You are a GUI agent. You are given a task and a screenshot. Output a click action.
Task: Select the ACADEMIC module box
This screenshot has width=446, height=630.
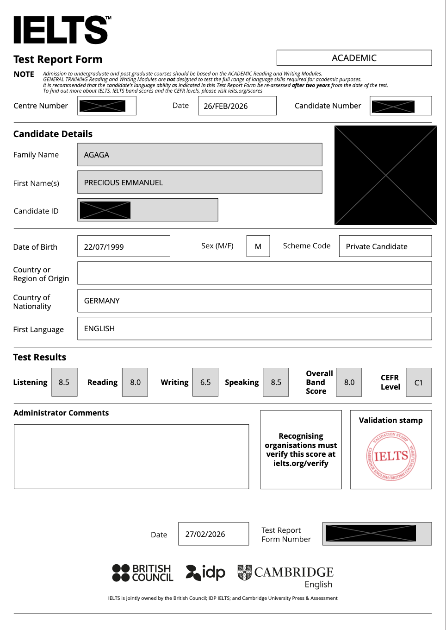coord(354,58)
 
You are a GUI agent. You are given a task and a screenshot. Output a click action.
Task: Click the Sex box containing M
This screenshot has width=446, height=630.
coord(258,246)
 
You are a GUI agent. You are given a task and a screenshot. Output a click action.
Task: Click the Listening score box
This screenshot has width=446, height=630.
coord(64,382)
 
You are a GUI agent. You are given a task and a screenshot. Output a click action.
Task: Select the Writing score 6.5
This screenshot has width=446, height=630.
coord(205,382)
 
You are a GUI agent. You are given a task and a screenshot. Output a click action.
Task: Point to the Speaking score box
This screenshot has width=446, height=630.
coord(276,382)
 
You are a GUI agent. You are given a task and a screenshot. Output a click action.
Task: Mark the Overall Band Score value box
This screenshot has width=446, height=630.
coord(349,382)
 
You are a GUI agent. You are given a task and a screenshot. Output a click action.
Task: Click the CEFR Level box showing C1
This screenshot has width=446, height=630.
coord(419,383)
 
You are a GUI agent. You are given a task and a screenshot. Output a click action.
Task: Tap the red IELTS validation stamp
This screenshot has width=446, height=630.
coord(391,456)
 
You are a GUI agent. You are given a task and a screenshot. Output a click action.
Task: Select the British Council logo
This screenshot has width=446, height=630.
coord(142,573)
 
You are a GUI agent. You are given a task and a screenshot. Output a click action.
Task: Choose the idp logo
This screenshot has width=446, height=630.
coord(205,573)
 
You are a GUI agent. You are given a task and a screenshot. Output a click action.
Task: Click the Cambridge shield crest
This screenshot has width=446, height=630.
coord(244,573)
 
